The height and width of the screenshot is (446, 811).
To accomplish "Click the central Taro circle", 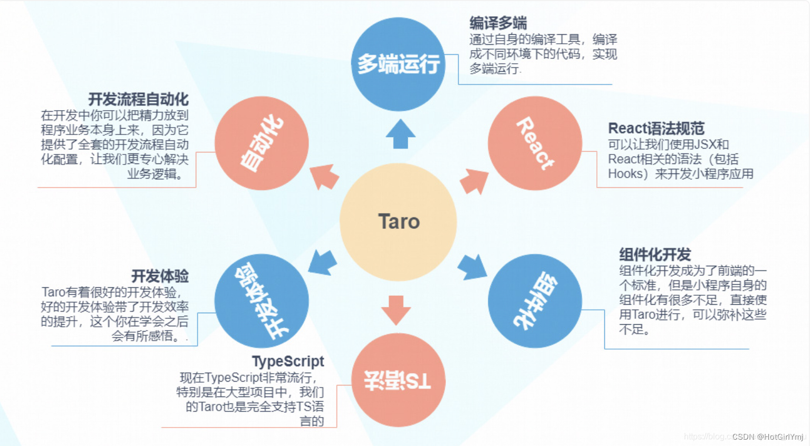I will (x=398, y=222).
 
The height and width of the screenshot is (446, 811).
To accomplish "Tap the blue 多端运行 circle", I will (x=398, y=64).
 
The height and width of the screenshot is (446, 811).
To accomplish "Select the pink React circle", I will (x=535, y=143).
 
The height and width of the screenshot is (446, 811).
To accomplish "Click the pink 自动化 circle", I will (x=262, y=143).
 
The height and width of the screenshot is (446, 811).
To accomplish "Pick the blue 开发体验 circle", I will (x=262, y=301).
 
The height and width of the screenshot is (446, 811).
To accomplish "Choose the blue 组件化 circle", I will (x=535, y=301).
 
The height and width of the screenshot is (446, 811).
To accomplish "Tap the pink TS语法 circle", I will (x=398, y=380).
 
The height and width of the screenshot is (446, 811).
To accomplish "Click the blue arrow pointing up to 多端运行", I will (x=400, y=134).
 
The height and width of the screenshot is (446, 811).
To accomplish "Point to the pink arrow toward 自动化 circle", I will (x=324, y=177).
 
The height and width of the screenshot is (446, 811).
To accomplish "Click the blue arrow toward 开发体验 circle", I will (x=322, y=262).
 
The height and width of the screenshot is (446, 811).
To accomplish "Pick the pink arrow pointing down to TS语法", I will (x=396, y=309).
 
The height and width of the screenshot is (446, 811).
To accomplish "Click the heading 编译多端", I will (x=498, y=23).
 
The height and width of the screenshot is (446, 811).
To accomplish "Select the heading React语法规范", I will (x=656, y=129).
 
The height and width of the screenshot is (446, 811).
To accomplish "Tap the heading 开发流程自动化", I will (x=138, y=99).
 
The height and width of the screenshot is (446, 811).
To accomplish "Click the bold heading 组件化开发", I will (x=655, y=255).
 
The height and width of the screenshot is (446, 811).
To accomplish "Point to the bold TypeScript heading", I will (x=288, y=362).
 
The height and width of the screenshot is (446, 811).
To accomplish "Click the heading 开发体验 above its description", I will (x=160, y=276).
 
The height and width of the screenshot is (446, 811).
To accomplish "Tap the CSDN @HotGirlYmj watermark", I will (x=767, y=437).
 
